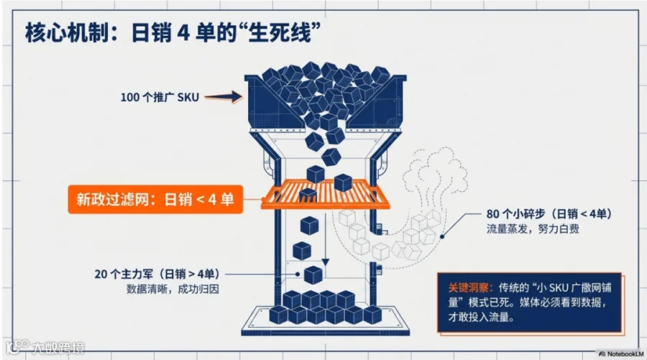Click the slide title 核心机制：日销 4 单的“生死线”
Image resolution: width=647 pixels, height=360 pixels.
(x=173, y=33)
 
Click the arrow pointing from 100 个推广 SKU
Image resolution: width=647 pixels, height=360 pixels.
(x=228, y=96)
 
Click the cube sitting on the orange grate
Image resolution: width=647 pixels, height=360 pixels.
(x=308, y=195)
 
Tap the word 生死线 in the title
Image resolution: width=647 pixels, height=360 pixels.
(x=288, y=33)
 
